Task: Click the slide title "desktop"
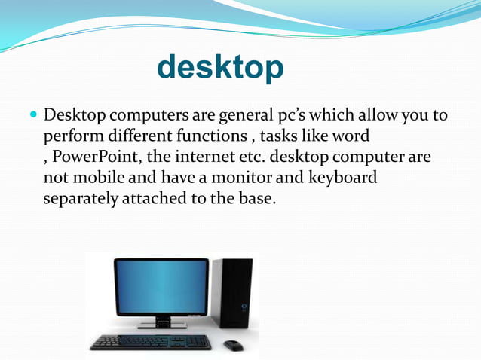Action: click(x=220, y=68)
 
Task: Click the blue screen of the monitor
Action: click(x=161, y=287)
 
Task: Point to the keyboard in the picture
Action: click(x=151, y=342)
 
